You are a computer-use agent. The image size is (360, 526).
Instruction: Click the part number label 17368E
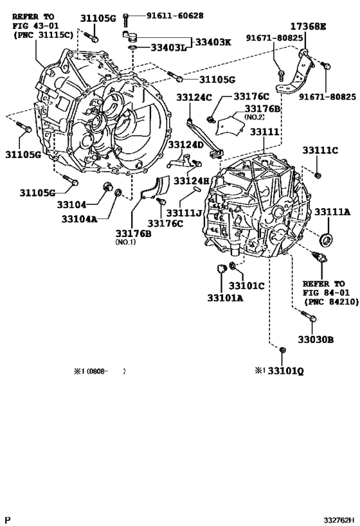(308, 26)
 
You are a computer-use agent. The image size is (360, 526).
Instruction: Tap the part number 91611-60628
(175, 15)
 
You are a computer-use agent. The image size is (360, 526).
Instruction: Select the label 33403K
(213, 42)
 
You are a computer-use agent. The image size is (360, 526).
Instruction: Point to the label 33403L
(168, 48)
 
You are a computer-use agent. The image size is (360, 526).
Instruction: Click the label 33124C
(194, 97)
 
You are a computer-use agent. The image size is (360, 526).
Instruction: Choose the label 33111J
(184, 213)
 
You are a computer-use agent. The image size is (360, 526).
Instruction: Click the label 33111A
(332, 212)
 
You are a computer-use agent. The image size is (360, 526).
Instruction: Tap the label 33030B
(316, 340)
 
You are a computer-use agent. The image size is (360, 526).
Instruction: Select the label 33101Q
(286, 371)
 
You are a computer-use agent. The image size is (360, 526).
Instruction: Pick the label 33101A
(225, 297)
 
